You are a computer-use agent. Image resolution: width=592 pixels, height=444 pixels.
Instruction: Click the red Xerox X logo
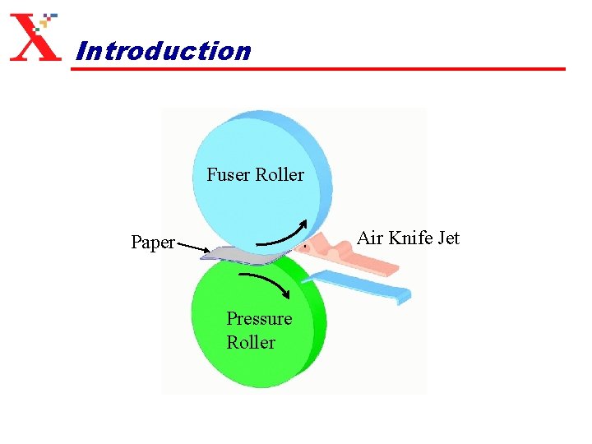point(35,38)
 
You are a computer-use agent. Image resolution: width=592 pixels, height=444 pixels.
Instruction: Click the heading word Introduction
point(162,51)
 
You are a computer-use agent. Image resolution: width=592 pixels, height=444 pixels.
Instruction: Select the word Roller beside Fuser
point(280,174)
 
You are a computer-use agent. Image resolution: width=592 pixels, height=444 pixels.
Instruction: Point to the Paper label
point(153,243)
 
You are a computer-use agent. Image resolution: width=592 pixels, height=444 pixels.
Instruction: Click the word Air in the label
point(370,238)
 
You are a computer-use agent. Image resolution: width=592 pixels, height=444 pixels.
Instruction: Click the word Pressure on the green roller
point(259,318)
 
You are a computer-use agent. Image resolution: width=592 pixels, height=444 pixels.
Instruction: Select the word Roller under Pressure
point(251,342)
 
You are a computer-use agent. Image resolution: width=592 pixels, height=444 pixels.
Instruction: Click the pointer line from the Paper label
point(192,247)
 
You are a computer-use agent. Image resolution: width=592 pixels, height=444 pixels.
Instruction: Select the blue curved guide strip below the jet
point(362,284)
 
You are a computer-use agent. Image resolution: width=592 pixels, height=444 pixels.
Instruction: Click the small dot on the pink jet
point(306,246)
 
